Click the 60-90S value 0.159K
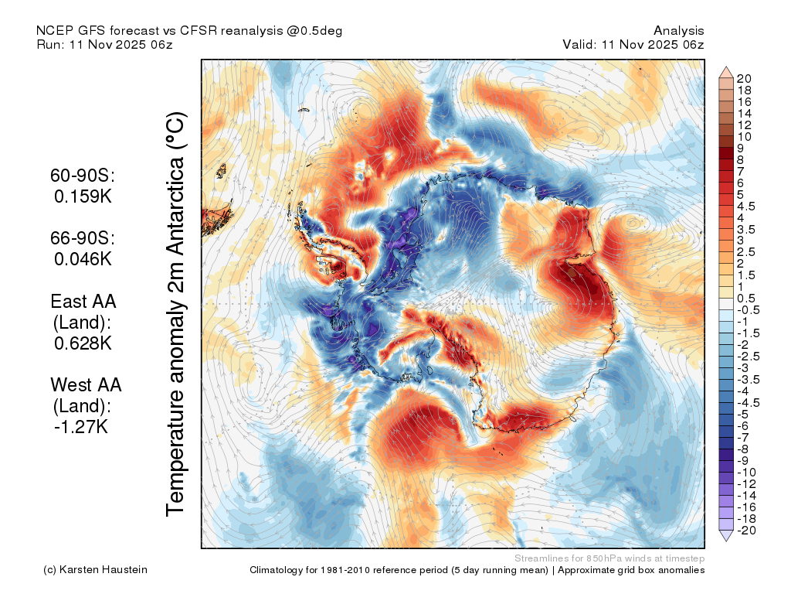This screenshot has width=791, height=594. tap(83, 196)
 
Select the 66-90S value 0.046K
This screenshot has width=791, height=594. tap(83, 259)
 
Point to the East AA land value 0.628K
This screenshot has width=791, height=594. tap(83, 343)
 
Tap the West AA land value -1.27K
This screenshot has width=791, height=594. tap(81, 427)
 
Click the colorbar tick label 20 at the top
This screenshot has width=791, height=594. tap(744, 79)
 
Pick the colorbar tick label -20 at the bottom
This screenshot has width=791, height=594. tap(746, 531)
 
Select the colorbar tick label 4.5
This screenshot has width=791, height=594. tap(746, 207)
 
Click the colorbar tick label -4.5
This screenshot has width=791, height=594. tap(748, 402)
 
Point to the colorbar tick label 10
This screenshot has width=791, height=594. tap(744, 137)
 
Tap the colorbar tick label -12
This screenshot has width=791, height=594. tap(746, 484)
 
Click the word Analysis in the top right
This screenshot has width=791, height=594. tap(678, 31)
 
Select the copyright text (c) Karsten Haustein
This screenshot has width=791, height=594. tap(95, 570)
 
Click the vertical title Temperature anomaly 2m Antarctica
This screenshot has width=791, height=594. tap(176, 314)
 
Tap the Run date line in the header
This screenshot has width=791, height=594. tap(104, 44)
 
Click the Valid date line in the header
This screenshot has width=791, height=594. tap(633, 44)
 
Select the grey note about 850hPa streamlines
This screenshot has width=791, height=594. tap(609, 558)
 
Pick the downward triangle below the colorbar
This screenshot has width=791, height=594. tap(726, 535)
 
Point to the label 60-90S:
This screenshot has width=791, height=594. tap(83, 176)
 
